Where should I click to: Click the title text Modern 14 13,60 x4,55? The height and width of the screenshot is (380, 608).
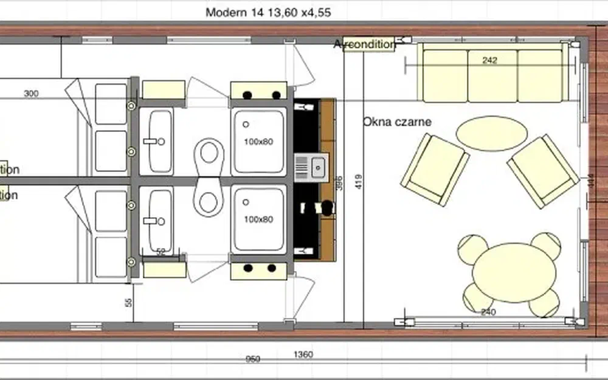[x=268, y=12]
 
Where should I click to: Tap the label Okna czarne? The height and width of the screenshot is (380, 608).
[x=397, y=122]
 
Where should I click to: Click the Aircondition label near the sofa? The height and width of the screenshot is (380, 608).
[x=365, y=44]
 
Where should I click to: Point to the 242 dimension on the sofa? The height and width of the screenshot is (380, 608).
[x=490, y=60]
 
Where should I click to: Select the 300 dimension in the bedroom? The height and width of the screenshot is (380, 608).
[x=32, y=94]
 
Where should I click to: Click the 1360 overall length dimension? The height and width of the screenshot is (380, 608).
[x=303, y=354]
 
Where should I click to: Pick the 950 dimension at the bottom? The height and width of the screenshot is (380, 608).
[x=252, y=359]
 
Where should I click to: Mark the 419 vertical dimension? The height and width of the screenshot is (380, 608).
[x=359, y=182]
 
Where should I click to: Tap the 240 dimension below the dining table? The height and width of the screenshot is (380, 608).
[x=488, y=313]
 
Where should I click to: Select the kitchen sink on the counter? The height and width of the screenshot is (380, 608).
[x=311, y=166]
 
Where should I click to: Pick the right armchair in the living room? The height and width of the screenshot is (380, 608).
[x=543, y=171]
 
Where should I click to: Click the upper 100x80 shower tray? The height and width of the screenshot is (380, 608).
[x=258, y=141]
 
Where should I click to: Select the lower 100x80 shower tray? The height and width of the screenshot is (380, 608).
[x=258, y=219]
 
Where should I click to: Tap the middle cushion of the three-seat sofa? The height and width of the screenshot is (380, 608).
[x=492, y=76]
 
